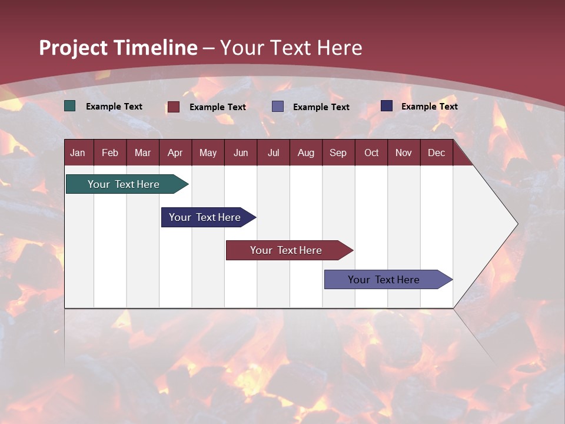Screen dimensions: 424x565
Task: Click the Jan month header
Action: pyautogui.click(x=78, y=153)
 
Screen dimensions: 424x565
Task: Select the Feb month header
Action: pyautogui.click(x=110, y=153)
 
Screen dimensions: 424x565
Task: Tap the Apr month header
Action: pyautogui.click(x=175, y=153)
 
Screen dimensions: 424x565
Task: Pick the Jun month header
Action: pyautogui.click(x=241, y=153)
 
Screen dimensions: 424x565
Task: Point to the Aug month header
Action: pyautogui.click(x=306, y=153)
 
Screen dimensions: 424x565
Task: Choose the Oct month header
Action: pyautogui.click(x=371, y=153)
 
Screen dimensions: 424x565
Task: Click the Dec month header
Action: pyautogui.click(x=437, y=153)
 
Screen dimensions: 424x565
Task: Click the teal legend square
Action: pyautogui.click(x=70, y=106)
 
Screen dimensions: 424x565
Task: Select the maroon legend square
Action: pyautogui.click(x=174, y=107)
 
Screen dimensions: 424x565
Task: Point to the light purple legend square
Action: pyautogui.click(x=278, y=107)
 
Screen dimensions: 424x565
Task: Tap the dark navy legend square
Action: pyautogui.click(x=387, y=106)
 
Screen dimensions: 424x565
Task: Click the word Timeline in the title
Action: pyautogui.click(x=155, y=48)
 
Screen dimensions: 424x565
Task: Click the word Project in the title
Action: pyautogui.click(x=73, y=48)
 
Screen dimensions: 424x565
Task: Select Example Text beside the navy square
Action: pyautogui.click(x=430, y=107)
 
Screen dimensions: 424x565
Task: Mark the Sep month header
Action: pyautogui.click(x=338, y=153)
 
